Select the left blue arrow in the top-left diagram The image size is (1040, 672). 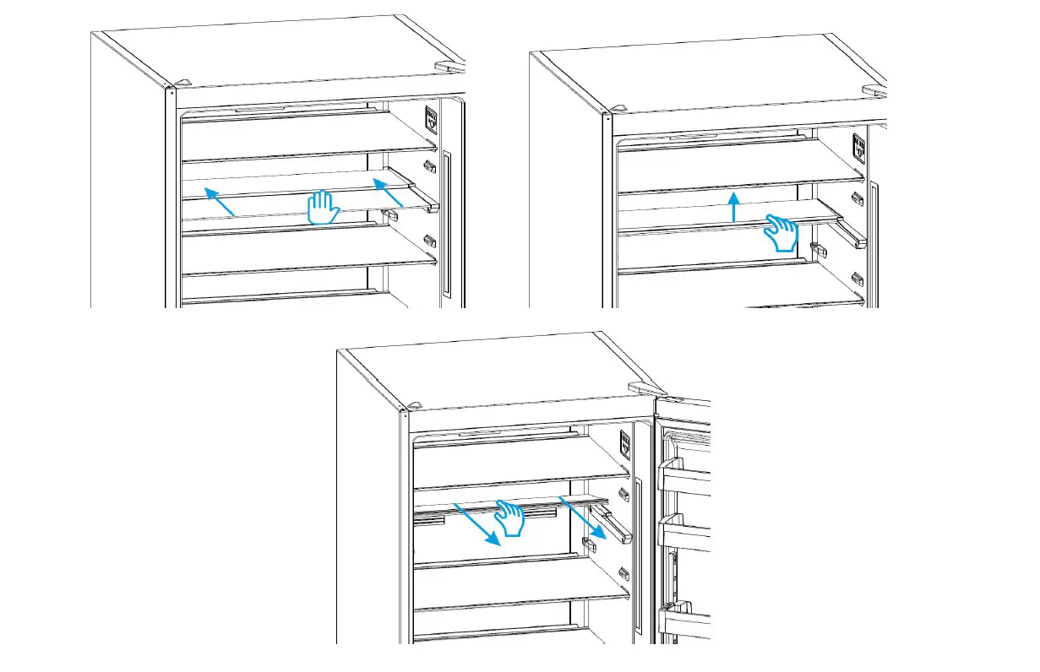(220, 203)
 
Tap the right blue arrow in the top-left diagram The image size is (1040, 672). (388, 193)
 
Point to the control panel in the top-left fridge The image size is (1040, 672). (432, 117)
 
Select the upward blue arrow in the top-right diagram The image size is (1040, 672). (734, 206)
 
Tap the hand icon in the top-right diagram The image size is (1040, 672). (781, 231)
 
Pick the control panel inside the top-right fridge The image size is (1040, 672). (859, 147)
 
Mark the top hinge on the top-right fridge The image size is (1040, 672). (874, 89)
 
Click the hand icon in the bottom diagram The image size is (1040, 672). (510, 517)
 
